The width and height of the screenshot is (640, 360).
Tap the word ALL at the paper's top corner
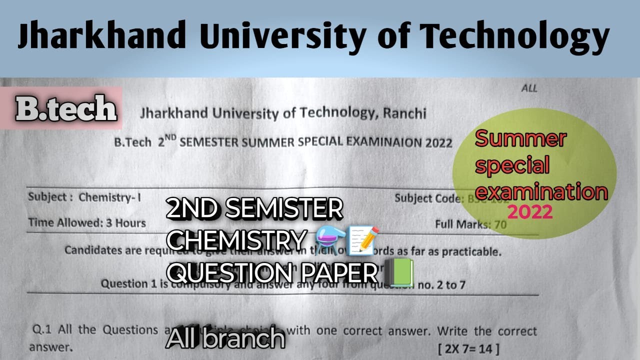(x=529, y=88)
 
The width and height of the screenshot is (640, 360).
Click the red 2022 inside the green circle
(x=530, y=212)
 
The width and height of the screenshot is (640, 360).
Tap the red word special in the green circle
(x=512, y=165)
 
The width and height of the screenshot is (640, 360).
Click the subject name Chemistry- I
(x=109, y=197)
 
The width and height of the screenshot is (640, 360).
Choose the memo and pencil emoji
(x=364, y=239)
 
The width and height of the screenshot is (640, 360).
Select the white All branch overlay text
(x=225, y=338)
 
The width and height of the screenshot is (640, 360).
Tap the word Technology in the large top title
(x=513, y=36)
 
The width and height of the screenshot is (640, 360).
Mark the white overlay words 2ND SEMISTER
(x=254, y=209)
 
